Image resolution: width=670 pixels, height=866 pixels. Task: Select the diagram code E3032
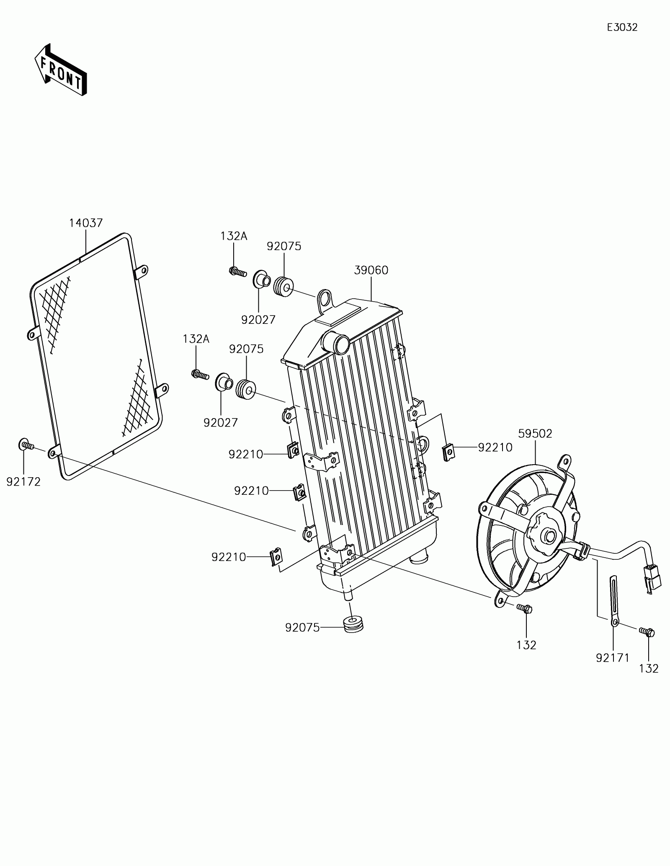click(x=622, y=28)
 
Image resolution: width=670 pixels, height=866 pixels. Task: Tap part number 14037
click(x=86, y=223)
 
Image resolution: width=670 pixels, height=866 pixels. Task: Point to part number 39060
click(x=371, y=270)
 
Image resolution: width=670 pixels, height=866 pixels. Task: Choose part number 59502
click(x=535, y=434)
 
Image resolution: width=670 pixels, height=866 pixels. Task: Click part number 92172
click(x=23, y=482)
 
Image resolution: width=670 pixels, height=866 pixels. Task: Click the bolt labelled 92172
click(x=26, y=445)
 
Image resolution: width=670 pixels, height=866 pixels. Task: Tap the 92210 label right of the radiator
click(x=495, y=447)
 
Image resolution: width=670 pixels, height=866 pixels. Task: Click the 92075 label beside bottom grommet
click(x=302, y=639)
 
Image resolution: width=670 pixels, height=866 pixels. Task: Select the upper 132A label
click(x=234, y=236)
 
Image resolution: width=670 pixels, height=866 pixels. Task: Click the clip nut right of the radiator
click(x=448, y=452)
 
